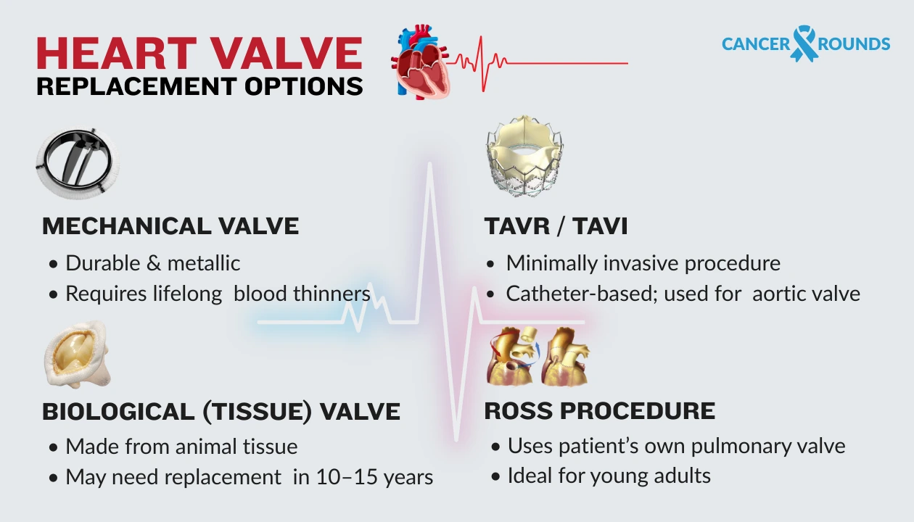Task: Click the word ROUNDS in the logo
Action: [854, 44]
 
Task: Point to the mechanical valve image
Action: [77, 164]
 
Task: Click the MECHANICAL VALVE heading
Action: [170, 225]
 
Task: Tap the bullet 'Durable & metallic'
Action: [153, 262]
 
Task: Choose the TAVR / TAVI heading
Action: [556, 225]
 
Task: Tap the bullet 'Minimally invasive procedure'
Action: [643, 262]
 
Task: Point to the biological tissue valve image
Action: [75, 356]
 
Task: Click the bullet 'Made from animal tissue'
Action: [181, 446]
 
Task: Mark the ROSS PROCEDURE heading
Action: [599, 410]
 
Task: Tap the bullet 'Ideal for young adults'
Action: [609, 476]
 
